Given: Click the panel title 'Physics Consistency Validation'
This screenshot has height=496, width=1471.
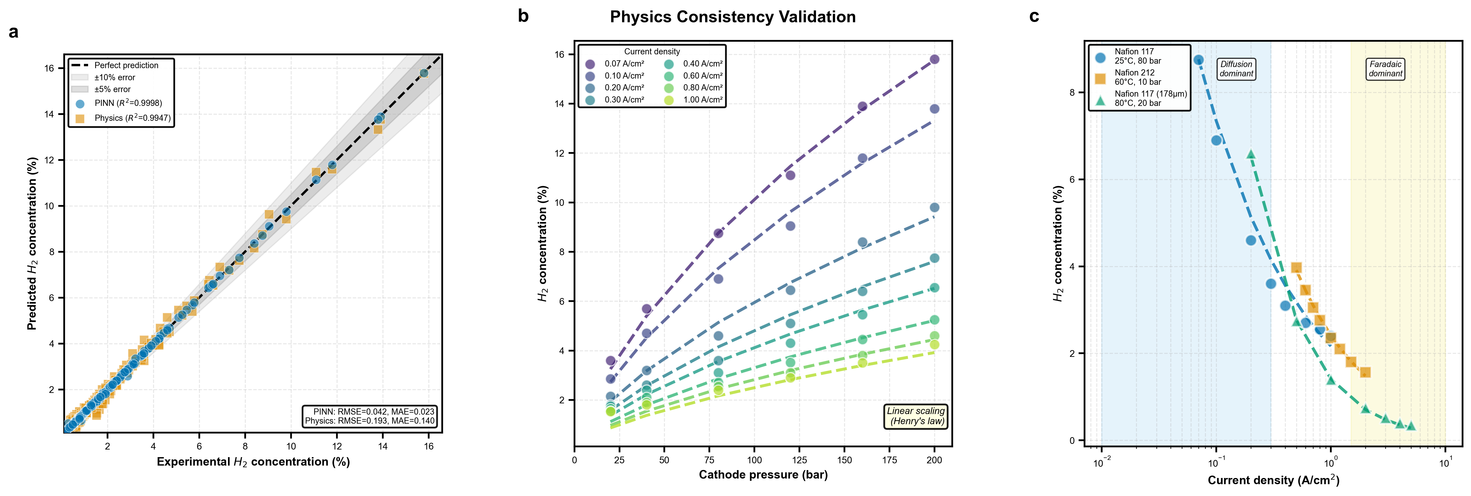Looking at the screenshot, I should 733,17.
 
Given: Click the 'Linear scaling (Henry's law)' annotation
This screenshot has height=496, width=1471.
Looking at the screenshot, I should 915,416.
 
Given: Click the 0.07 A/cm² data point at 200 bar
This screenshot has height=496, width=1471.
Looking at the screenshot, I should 934,59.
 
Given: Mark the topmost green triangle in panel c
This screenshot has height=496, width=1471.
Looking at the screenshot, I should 1251,154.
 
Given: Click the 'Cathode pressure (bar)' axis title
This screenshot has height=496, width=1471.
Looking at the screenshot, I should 763,475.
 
